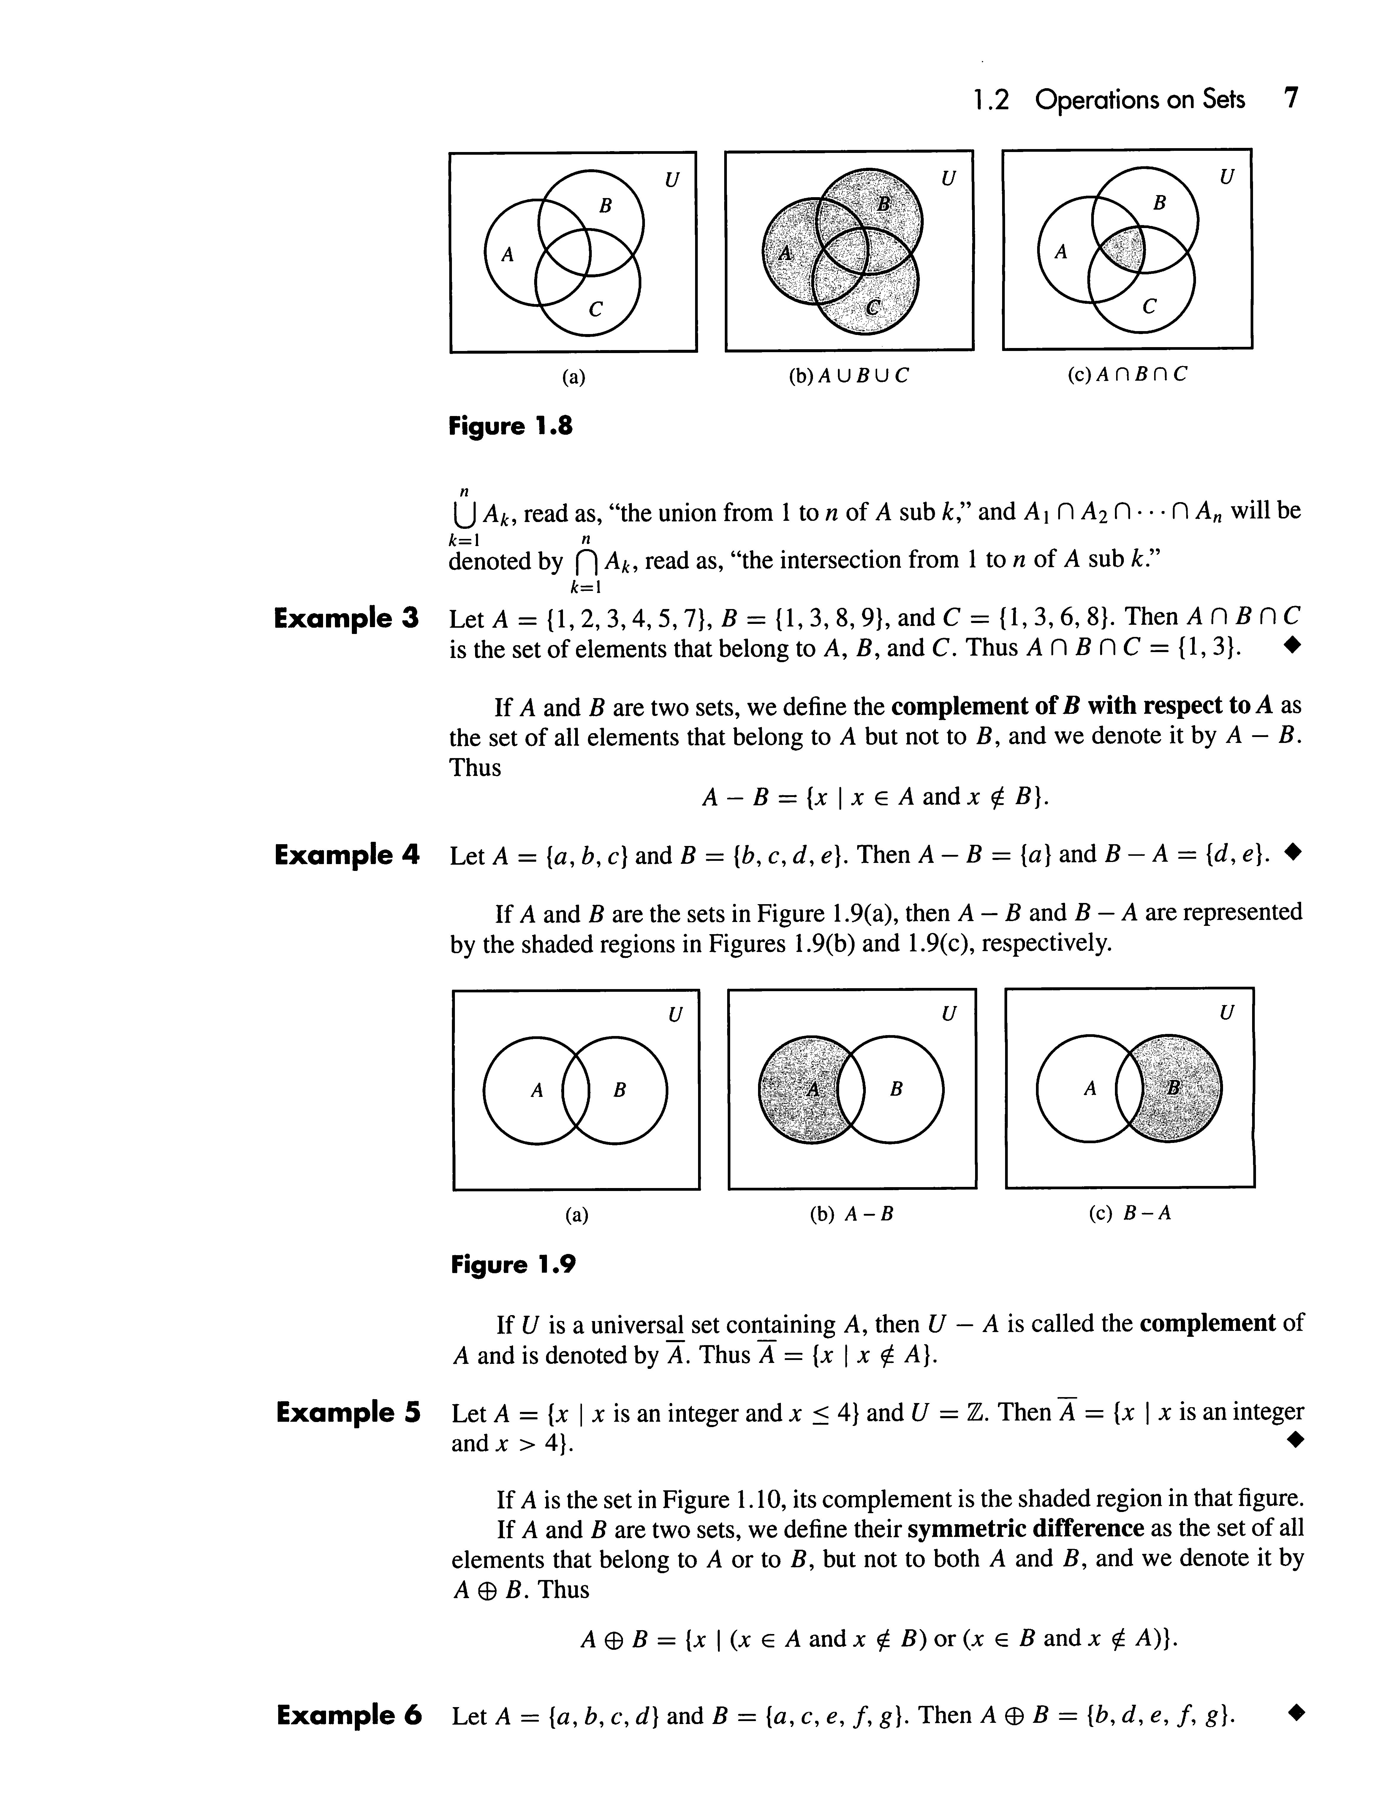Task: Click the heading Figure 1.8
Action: [510, 427]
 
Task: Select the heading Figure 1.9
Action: [512, 1265]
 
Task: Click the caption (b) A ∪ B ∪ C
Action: [848, 376]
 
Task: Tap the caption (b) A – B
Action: [852, 1214]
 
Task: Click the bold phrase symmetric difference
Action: [1025, 1529]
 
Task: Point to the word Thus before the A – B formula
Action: [475, 768]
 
